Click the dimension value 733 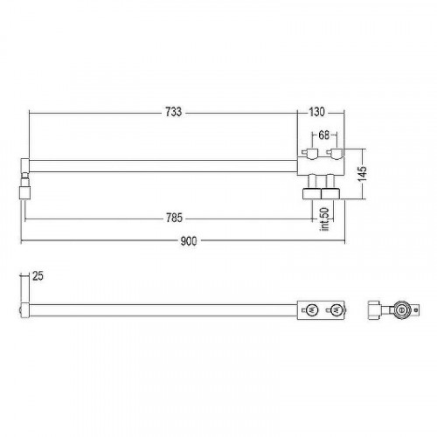(174, 112)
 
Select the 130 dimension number (316, 112)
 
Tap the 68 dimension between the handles (324, 135)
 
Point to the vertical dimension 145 (363, 174)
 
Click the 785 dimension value (174, 218)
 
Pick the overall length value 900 (189, 241)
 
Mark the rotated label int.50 (325, 219)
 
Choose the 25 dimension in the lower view (38, 276)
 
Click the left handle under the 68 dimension (310, 153)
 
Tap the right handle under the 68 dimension (335, 153)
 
